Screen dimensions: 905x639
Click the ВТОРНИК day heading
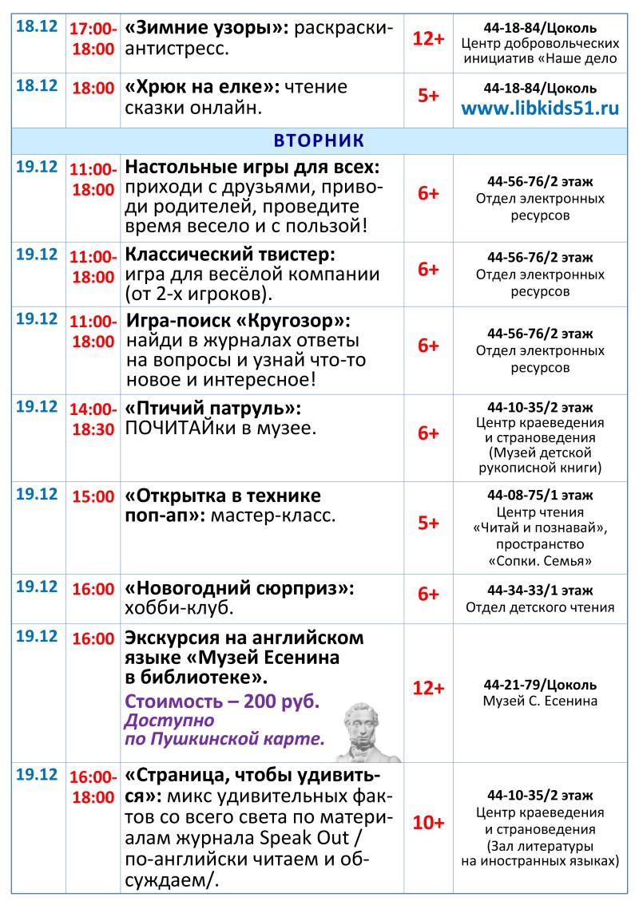(319, 140)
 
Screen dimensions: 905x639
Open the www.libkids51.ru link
(540, 109)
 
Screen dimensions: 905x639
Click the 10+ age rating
(428, 823)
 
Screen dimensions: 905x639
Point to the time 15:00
(93, 496)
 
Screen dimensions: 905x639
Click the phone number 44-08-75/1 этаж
(540, 496)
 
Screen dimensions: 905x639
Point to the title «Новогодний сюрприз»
(240, 588)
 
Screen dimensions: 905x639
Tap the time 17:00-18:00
(93, 38)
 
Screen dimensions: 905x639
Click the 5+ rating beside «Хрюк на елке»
(428, 96)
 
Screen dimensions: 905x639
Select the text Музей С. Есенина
(540, 701)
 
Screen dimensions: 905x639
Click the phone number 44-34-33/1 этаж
(540, 591)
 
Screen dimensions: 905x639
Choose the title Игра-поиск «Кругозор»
(238, 322)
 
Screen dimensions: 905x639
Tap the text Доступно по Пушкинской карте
(224, 730)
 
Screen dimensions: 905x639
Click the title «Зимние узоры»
(207, 29)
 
